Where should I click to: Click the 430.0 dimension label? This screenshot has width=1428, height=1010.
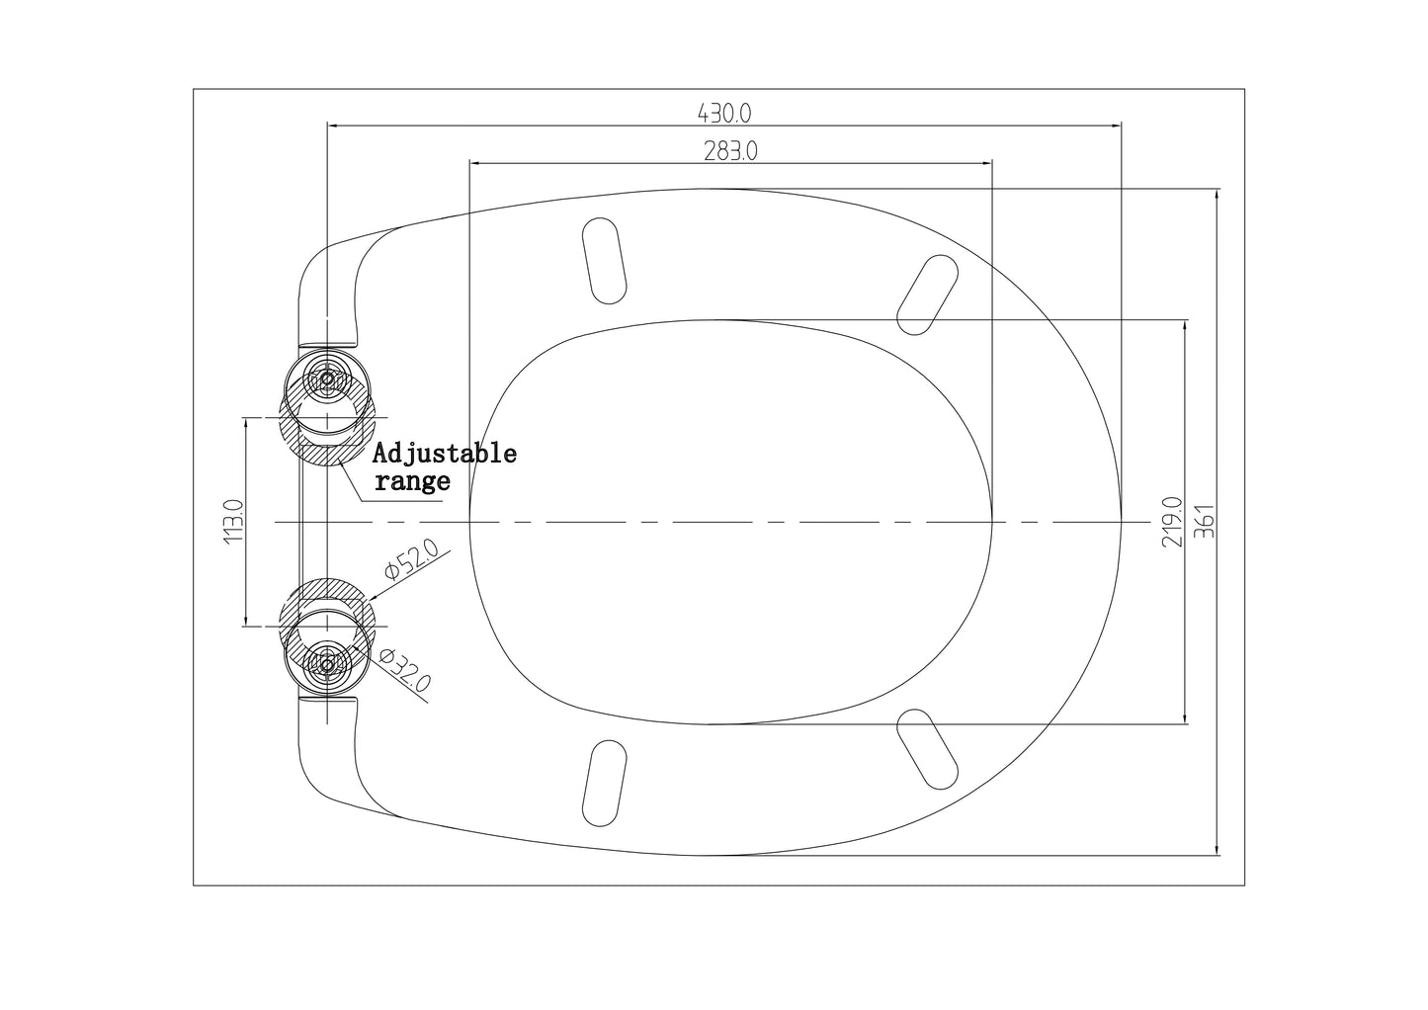pos(724,114)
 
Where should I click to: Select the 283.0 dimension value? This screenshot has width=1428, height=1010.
pos(730,151)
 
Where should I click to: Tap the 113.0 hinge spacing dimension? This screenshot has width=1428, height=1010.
pos(234,521)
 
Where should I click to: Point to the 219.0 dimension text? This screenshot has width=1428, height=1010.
pos(1172,522)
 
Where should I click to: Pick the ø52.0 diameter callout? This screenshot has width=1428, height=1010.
pos(411,558)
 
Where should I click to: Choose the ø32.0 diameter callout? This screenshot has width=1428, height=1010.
pos(405,671)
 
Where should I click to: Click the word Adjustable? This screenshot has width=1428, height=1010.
pos(445,454)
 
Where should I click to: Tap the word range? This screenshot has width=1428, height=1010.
pos(412,480)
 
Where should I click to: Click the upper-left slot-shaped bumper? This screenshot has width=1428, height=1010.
pos(605,261)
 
